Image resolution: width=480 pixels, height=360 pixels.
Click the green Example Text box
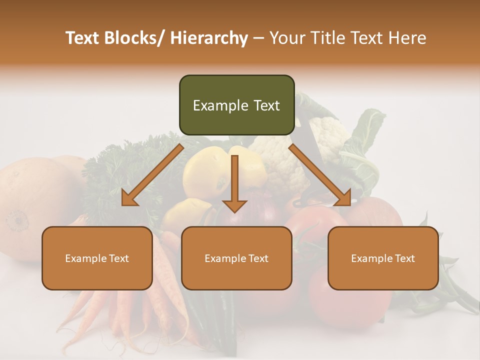(236, 105)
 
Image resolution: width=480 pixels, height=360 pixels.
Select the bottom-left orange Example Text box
(97, 258)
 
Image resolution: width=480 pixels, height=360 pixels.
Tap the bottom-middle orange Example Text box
(236, 258)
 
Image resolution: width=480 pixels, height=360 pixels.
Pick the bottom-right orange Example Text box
(383, 258)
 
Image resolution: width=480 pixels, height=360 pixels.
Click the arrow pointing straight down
(234, 185)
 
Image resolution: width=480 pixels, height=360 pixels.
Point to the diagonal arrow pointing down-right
(320, 175)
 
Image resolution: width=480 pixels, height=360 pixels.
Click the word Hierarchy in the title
(209, 38)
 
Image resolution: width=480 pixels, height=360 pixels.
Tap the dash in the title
(258, 38)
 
